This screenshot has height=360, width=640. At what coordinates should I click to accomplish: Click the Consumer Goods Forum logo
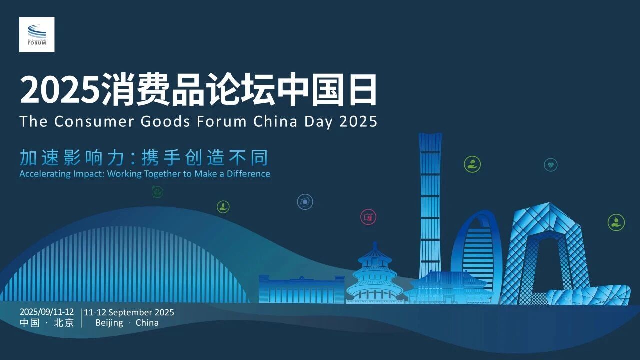click(x=37, y=35)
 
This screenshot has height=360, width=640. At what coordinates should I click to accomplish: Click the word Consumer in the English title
click(x=94, y=121)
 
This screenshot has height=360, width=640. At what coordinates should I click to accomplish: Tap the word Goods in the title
click(x=165, y=121)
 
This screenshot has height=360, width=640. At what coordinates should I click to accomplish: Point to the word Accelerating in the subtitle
click(x=45, y=174)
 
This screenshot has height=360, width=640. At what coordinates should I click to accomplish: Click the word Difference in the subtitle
click(x=248, y=173)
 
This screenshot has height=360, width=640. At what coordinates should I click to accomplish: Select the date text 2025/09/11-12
click(x=47, y=312)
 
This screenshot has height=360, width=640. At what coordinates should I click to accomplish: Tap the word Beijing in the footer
click(x=109, y=323)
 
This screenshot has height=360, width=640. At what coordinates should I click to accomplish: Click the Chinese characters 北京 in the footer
click(x=64, y=323)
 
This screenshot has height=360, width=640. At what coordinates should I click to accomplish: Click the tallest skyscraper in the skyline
click(x=430, y=205)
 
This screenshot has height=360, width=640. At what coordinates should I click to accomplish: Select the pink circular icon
click(x=368, y=217)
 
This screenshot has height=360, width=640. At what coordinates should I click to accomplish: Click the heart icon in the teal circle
click(x=551, y=165)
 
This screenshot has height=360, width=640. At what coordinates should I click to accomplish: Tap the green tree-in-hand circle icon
click(x=472, y=164)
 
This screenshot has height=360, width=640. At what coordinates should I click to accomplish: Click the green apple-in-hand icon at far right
click(x=616, y=222)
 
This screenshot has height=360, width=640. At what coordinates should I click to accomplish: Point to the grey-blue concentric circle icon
click(x=305, y=202)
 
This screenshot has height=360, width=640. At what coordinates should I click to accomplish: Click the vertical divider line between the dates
click(x=82, y=318)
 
